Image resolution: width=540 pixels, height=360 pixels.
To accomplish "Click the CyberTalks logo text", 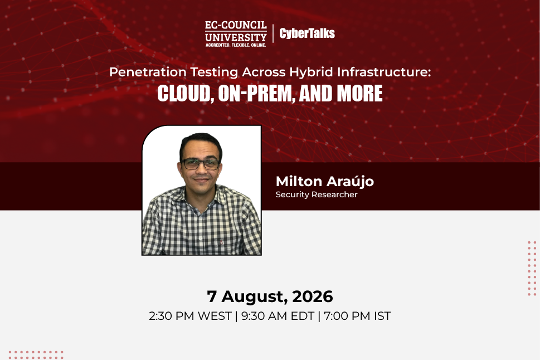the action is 307,33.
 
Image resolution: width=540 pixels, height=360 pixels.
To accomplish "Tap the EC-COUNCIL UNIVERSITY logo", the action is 236,34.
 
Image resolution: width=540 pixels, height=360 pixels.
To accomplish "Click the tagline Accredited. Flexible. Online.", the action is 236,45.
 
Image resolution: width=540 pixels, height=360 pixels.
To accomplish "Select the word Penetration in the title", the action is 148,72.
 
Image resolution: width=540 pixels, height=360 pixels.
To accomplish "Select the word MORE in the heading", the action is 359,94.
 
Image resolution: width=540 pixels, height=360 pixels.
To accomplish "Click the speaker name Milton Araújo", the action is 325,182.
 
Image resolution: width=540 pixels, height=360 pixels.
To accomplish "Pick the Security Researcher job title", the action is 317,194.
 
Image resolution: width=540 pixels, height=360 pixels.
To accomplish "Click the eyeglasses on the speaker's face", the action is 201,164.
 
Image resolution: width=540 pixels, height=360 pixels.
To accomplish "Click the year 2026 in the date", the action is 313,296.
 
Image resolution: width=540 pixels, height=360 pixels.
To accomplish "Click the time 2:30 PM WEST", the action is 190,316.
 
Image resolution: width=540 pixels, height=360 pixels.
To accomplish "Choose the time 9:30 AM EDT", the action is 278,316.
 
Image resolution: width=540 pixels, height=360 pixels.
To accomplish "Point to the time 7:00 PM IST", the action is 357,316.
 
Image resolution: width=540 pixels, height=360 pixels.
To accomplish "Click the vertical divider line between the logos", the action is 273,33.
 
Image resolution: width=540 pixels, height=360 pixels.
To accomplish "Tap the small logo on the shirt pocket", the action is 222,243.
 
